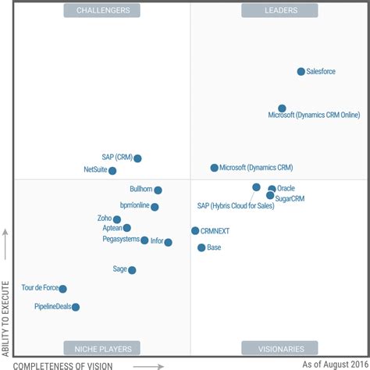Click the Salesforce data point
301,72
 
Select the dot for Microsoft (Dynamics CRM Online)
282,109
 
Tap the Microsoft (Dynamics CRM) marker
215,168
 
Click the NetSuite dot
112,170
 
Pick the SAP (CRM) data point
137,158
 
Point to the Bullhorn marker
158,190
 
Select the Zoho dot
117,219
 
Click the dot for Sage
132,270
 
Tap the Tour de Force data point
63,289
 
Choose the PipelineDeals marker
76,307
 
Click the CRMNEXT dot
195,231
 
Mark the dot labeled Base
201,247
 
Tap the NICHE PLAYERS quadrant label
103,348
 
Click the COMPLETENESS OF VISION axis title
63,365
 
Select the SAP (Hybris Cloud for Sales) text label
236,205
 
